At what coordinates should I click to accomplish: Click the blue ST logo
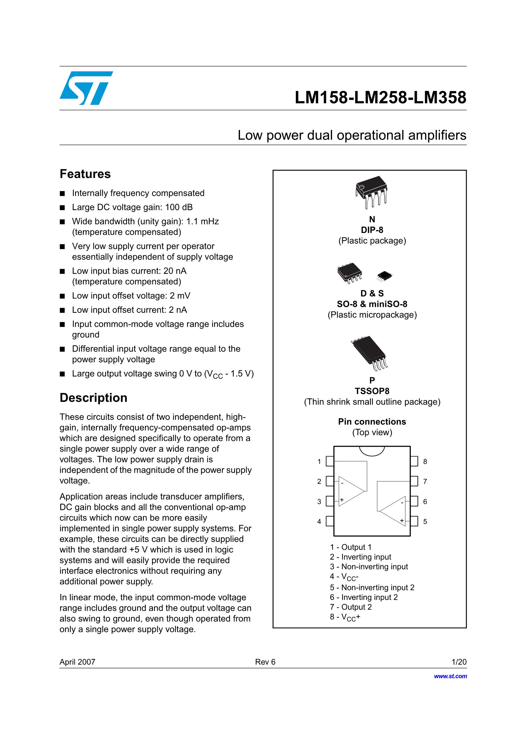point(86,88)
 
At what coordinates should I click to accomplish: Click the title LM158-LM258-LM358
point(381,97)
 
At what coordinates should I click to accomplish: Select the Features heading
point(85,174)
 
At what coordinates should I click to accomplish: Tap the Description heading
point(93,398)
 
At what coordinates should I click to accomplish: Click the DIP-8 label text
point(372,230)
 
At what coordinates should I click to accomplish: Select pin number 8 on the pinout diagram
point(425,462)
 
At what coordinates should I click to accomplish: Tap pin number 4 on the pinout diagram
point(319,521)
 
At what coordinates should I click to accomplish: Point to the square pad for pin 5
point(414,521)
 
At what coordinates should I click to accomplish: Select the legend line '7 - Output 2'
point(351,607)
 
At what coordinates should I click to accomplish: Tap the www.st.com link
point(450,676)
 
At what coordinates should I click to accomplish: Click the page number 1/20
point(459,662)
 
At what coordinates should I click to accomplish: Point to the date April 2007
point(78,662)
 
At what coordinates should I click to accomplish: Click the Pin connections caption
point(372,421)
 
